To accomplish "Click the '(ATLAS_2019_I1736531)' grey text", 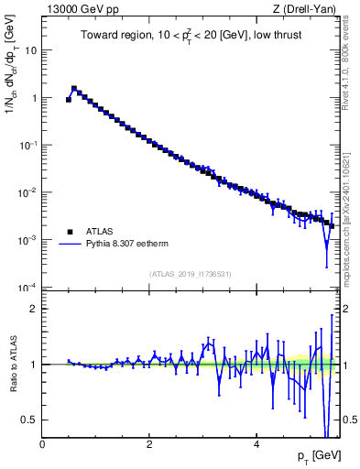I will pos(191,274).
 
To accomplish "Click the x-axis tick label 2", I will pos(149,443).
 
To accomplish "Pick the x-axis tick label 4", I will pos(256,443).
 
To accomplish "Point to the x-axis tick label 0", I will pos(43,443).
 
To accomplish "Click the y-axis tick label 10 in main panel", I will pos(31,50).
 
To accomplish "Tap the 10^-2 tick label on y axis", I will pos(28,192).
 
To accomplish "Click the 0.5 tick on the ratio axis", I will pos(30,420).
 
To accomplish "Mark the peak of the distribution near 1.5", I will pos(74,89).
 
